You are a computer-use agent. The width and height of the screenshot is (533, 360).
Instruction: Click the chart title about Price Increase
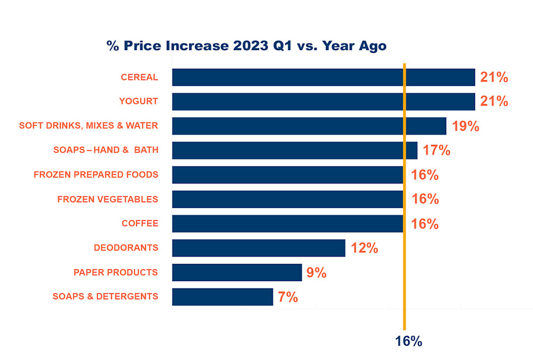(x=247, y=46)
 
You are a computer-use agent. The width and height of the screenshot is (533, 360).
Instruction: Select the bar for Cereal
(x=323, y=77)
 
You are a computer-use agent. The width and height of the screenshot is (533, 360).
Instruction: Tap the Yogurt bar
(x=323, y=101)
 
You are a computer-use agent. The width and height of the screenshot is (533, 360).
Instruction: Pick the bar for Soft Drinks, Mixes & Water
(x=309, y=126)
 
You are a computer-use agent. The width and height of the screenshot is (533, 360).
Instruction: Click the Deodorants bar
(x=259, y=248)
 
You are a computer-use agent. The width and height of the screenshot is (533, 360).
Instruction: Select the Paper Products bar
(x=237, y=273)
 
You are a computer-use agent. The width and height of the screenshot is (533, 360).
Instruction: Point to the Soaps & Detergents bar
(x=222, y=297)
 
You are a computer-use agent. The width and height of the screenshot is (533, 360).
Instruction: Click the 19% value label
(x=465, y=126)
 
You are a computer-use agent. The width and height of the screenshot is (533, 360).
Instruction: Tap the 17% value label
(x=437, y=150)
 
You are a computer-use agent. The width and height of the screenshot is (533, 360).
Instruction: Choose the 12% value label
(x=364, y=248)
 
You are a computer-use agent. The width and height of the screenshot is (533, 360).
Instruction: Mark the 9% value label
(x=316, y=273)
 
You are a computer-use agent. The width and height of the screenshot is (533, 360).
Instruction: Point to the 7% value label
(x=288, y=297)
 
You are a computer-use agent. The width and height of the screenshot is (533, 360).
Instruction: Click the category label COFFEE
(x=140, y=223)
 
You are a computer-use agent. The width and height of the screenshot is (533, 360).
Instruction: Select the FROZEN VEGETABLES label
(x=108, y=199)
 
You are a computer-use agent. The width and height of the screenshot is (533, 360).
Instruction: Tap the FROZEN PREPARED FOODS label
(x=96, y=174)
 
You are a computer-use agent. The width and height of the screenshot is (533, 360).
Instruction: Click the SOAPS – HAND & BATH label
(x=106, y=150)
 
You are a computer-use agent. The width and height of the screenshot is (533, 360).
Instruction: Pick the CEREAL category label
(x=139, y=77)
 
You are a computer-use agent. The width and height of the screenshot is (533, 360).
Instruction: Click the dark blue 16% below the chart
(x=408, y=341)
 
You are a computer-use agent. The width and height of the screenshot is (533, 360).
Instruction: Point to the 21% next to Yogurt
(x=494, y=101)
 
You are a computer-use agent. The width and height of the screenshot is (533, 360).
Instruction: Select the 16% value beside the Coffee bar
(x=425, y=224)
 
